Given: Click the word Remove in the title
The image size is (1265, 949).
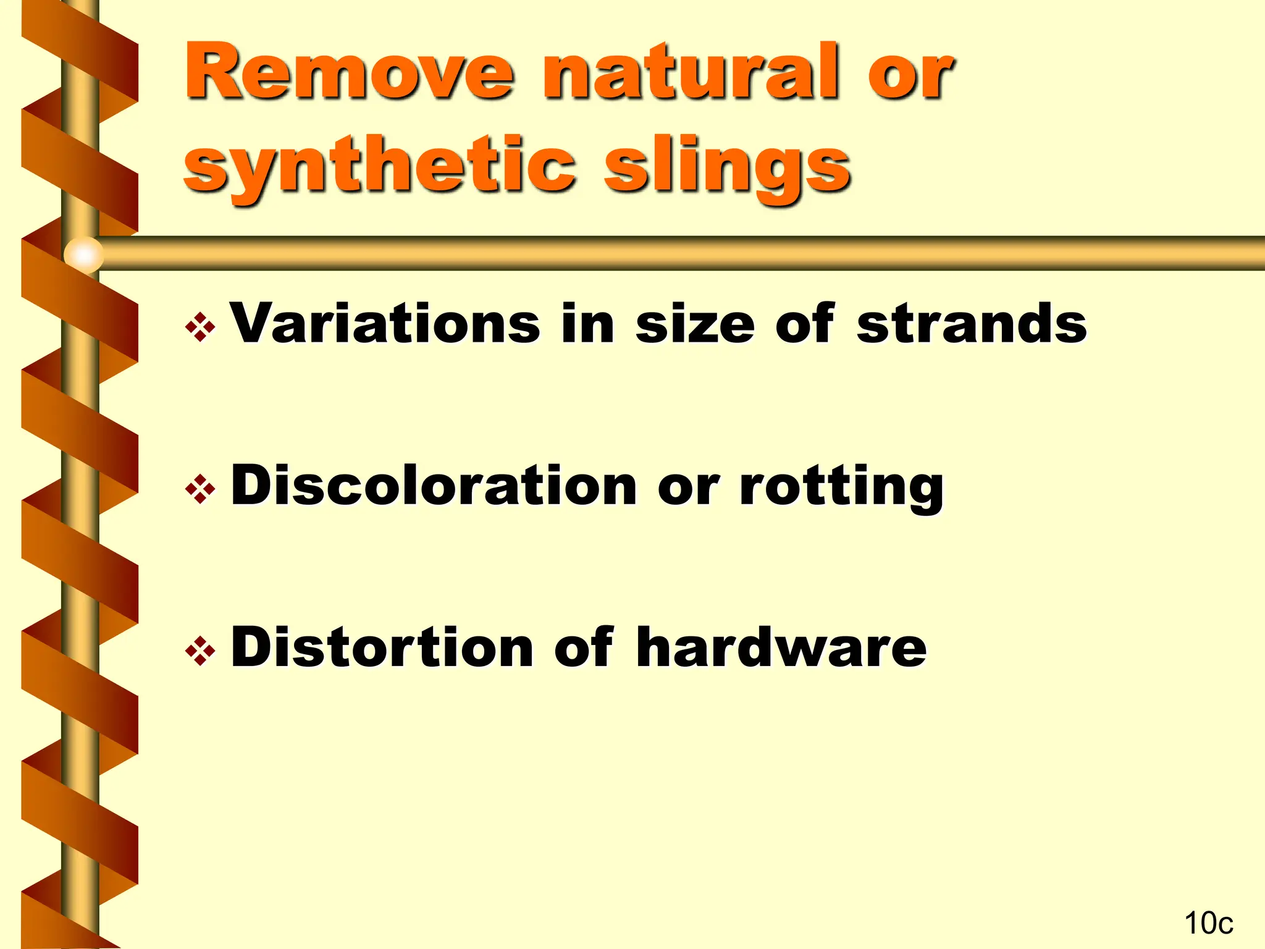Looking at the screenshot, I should point(349,72).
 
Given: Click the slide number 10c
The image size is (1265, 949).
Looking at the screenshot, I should point(1208,923).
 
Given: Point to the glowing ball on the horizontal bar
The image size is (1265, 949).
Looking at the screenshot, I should point(84,254).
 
